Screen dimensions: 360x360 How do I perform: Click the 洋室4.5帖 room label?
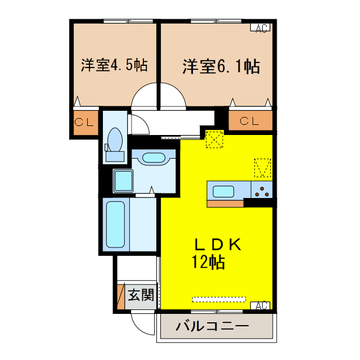(x=114, y=66)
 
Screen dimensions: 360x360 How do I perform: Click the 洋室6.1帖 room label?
(x=220, y=67)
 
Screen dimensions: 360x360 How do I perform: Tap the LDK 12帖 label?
(x=217, y=253)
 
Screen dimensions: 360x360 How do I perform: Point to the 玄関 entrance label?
(x=140, y=294)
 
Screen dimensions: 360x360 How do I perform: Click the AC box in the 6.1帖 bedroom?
(x=261, y=28)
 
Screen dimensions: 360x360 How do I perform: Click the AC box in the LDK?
(x=261, y=305)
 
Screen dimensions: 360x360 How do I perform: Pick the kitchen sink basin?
(x=223, y=191)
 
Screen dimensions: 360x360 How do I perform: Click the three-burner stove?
(x=262, y=191)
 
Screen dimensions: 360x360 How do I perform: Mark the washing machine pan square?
(x=123, y=181)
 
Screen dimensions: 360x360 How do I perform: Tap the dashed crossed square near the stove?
(x=263, y=167)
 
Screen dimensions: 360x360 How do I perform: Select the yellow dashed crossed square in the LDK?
(x=214, y=139)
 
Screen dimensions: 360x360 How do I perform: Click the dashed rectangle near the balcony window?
(x=219, y=299)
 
